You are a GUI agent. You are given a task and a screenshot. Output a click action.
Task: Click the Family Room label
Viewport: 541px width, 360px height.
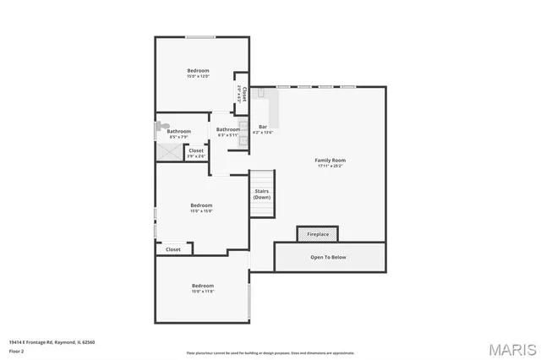[x=331, y=162]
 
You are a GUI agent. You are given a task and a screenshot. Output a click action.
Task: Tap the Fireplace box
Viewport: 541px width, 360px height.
[x=317, y=234]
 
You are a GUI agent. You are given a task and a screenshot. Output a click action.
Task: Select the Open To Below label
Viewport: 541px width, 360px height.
[x=328, y=257]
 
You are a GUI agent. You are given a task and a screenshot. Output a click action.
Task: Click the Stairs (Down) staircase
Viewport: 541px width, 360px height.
[x=262, y=194]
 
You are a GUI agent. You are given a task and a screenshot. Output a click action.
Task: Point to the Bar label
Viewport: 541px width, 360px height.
[x=263, y=129]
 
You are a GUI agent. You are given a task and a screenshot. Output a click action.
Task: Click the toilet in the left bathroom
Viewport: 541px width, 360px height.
[x=159, y=128]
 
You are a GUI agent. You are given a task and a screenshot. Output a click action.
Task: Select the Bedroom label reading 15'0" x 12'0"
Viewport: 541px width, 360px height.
[x=198, y=74]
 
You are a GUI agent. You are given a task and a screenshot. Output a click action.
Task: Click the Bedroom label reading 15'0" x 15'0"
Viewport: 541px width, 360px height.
[x=201, y=208]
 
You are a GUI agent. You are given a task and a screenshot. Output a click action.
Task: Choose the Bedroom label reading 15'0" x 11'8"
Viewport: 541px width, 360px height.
[x=203, y=287]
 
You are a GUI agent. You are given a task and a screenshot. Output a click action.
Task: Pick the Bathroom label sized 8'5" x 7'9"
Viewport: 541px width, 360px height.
[x=178, y=134]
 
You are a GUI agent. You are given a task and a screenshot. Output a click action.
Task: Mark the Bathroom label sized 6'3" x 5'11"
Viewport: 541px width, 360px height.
[x=228, y=132]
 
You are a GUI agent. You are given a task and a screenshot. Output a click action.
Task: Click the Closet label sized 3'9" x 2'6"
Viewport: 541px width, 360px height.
[x=195, y=153]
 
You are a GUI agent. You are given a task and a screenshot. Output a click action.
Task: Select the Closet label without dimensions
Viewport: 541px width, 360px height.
[x=173, y=249]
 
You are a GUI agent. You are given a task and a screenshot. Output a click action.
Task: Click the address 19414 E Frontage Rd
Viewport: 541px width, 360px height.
[x=52, y=342]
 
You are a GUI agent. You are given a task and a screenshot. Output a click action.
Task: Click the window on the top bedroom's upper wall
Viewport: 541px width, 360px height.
[x=199, y=36]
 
